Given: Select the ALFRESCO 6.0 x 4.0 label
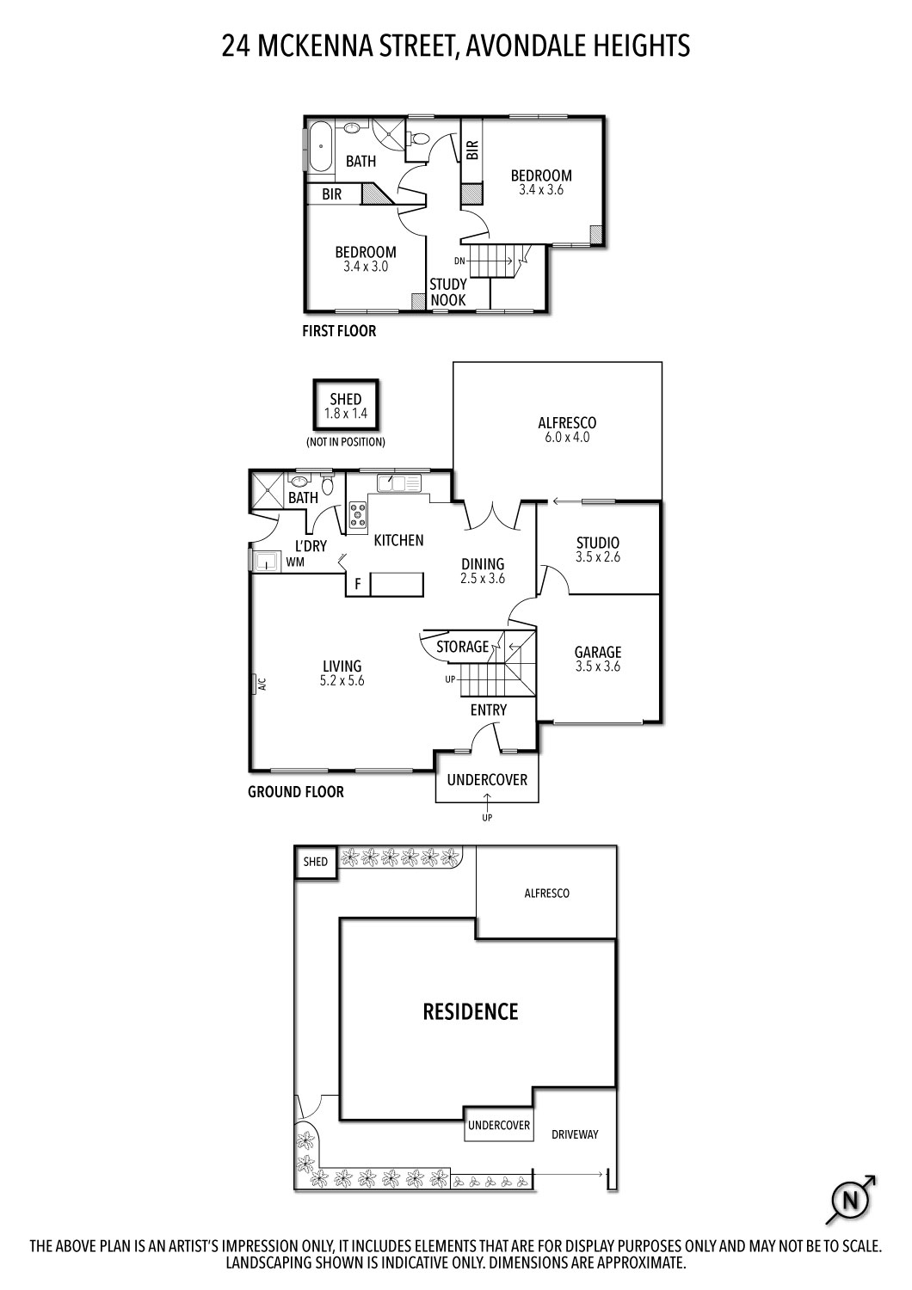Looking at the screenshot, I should click(566, 429).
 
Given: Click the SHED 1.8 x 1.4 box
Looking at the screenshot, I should click(345, 405).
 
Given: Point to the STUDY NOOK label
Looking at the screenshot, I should click(448, 292).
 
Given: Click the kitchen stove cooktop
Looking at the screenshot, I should click(358, 514).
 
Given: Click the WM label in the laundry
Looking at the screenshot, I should click(295, 563).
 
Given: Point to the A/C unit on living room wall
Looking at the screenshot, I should click(262, 685).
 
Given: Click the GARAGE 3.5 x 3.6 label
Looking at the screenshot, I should click(597, 659).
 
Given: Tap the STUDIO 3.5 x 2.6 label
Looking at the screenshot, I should click(597, 550).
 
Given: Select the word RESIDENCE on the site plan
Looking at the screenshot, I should click(471, 1012).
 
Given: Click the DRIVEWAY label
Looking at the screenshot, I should click(574, 1134).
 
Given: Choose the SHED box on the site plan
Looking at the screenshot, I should click(315, 863).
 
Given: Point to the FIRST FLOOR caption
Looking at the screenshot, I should click(339, 331).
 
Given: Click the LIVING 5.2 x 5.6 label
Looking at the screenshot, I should click(342, 673).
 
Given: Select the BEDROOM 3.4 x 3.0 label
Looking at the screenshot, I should click(366, 259).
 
